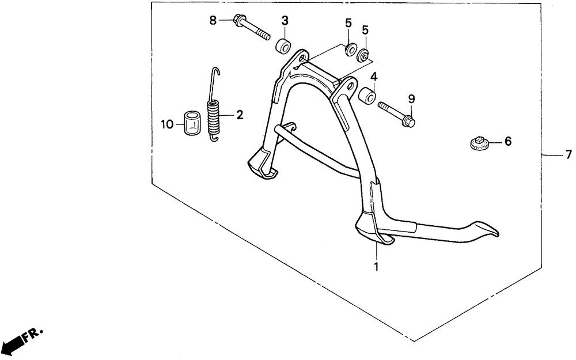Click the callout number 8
point(213,21)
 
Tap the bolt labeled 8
point(252,27)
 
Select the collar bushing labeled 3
point(283,45)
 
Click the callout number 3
point(285,21)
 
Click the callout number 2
point(240,115)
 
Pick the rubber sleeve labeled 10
point(192,122)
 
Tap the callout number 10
point(167,124)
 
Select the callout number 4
point(374,77)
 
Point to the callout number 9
point(411,98)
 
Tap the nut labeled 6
point(479,142)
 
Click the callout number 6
point(508,141)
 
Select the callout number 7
point(569,154)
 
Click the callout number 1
point(376,267)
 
